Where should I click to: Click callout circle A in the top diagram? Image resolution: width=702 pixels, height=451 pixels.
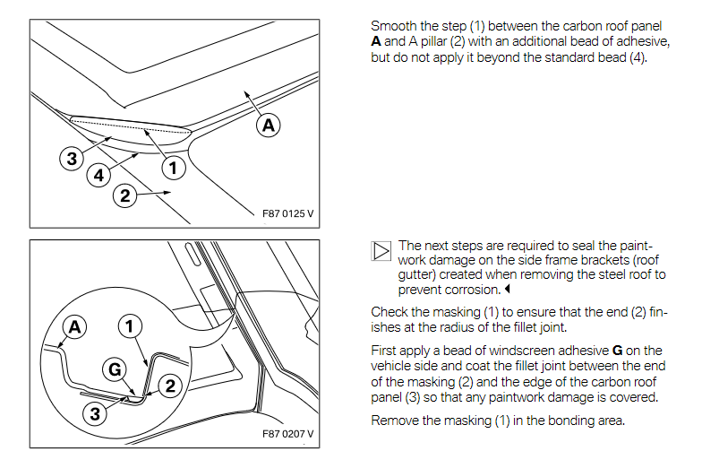(x=267, y=126)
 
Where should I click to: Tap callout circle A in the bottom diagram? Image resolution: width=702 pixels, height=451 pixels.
(x=73, y=328)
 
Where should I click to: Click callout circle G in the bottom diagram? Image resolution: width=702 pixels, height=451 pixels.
(x=114, y=369)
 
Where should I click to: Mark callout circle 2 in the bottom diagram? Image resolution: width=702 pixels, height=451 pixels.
(x=167, y=385)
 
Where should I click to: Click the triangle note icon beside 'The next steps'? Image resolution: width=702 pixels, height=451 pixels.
(x=381, y=250)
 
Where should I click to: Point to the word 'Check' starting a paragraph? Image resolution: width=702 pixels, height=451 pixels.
(x=390, y=312)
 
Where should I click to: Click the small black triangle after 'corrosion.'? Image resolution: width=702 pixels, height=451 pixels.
(x=506, y=291)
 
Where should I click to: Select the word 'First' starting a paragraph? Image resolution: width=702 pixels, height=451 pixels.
(x=385, y=351)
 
